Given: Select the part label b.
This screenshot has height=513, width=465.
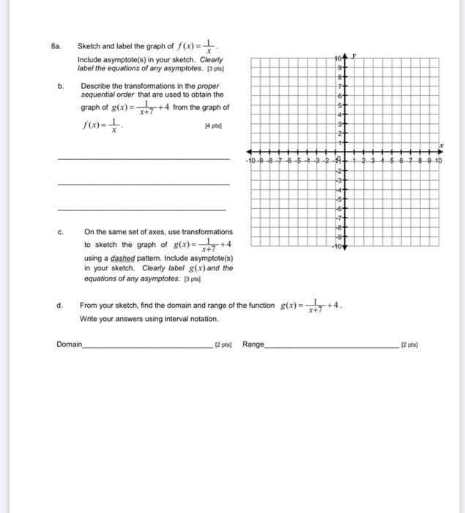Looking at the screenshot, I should point(61,86).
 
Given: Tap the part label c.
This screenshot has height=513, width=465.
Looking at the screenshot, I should point(61,231).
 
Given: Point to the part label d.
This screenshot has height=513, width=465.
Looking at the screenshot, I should point(61,305).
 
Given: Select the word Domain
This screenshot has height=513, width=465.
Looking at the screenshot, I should point(69,344).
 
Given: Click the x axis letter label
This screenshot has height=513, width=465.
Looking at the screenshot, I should point(442,145).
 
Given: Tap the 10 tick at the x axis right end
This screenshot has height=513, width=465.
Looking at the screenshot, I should point(438,160).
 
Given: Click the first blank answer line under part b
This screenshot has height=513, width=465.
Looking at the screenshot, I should point(143,158).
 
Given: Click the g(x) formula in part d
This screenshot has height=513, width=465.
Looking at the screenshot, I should point(312,306).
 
